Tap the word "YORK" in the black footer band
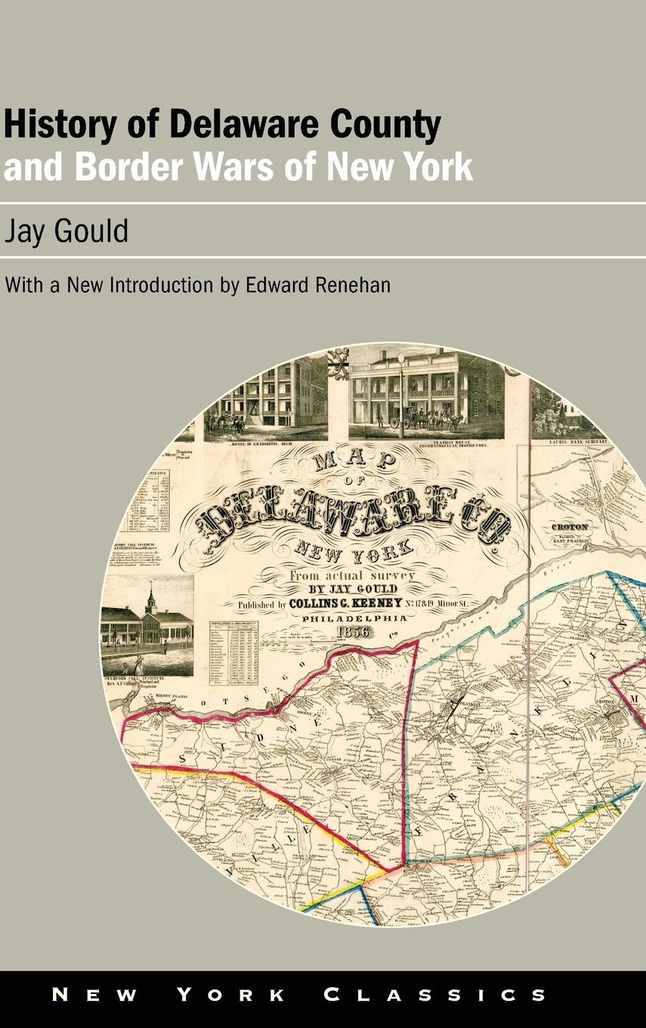click(229, 994)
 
